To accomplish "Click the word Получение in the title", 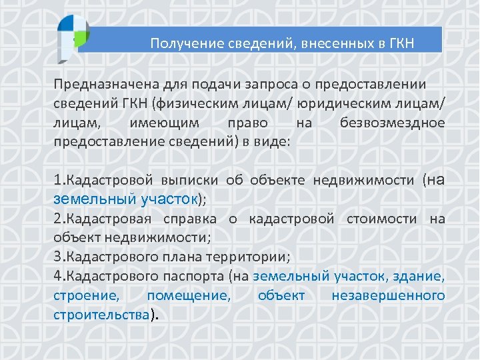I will click(178, 43).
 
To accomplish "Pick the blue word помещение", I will click(189, 295).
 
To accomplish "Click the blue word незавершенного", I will click(388, 295).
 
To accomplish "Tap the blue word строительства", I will click(101, 314).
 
